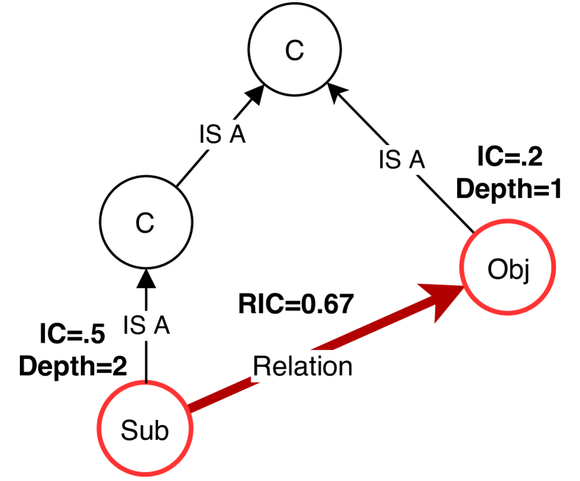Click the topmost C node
[293, 51]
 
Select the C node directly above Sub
[145, 224]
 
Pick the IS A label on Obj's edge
[401, 160]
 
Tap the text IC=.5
[72, 335]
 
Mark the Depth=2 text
[72, 365]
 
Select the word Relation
[303, 365]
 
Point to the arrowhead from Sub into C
[146, 278]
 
